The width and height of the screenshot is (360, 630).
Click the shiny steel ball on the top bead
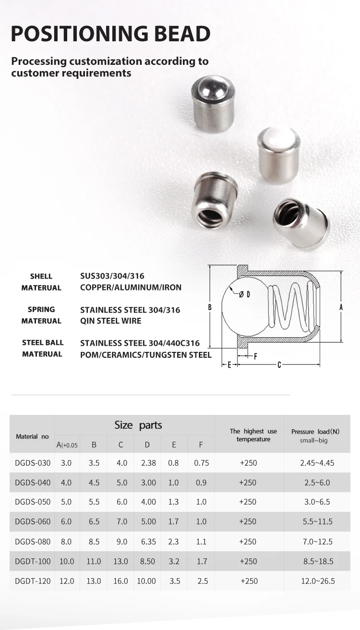[213, 88]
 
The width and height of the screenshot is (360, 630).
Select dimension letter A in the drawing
[341, 306]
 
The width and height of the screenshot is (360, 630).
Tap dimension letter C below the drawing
[279, 365]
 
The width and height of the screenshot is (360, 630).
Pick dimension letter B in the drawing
[210, 307]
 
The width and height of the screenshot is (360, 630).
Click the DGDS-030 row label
[33, 463]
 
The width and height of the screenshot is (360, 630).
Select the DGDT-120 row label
[33, 581]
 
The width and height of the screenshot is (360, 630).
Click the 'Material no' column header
[32, 436]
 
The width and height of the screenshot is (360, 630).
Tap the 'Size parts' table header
[138, 425]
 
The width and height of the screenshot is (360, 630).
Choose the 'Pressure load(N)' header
[315, 432]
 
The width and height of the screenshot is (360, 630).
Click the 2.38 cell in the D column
[148, 463]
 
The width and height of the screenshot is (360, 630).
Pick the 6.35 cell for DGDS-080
[148, 542]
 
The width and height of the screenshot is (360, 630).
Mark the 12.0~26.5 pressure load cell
[317, 581]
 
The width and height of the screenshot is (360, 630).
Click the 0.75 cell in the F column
[202, 463]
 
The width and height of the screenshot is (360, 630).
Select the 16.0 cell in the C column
[120, 581]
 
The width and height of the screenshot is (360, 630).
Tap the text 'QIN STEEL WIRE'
[111, 321]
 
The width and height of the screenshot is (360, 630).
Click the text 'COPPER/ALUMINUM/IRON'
[131, 288]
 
